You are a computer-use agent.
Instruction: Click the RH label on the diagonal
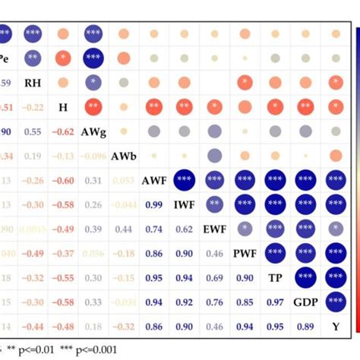pos(33,82)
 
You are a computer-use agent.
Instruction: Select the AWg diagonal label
pos(93,131)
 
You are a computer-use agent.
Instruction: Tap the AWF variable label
pos(154,181)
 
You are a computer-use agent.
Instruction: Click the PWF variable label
pos(245,253)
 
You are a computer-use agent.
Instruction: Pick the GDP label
pos(305,302)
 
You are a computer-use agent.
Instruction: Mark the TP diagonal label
pos(275,277)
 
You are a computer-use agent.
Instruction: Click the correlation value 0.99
pos(154,204)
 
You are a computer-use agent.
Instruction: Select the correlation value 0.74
pos(154,229)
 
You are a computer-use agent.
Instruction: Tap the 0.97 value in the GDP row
pos(275,302)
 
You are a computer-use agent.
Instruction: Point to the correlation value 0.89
pos(305,326)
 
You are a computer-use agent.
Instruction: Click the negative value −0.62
pos(63,131)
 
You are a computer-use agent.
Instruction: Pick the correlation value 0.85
pos(245,302)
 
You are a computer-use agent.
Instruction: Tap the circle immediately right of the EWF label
pos(245,229)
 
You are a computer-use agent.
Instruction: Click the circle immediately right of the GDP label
pos(335,302)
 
